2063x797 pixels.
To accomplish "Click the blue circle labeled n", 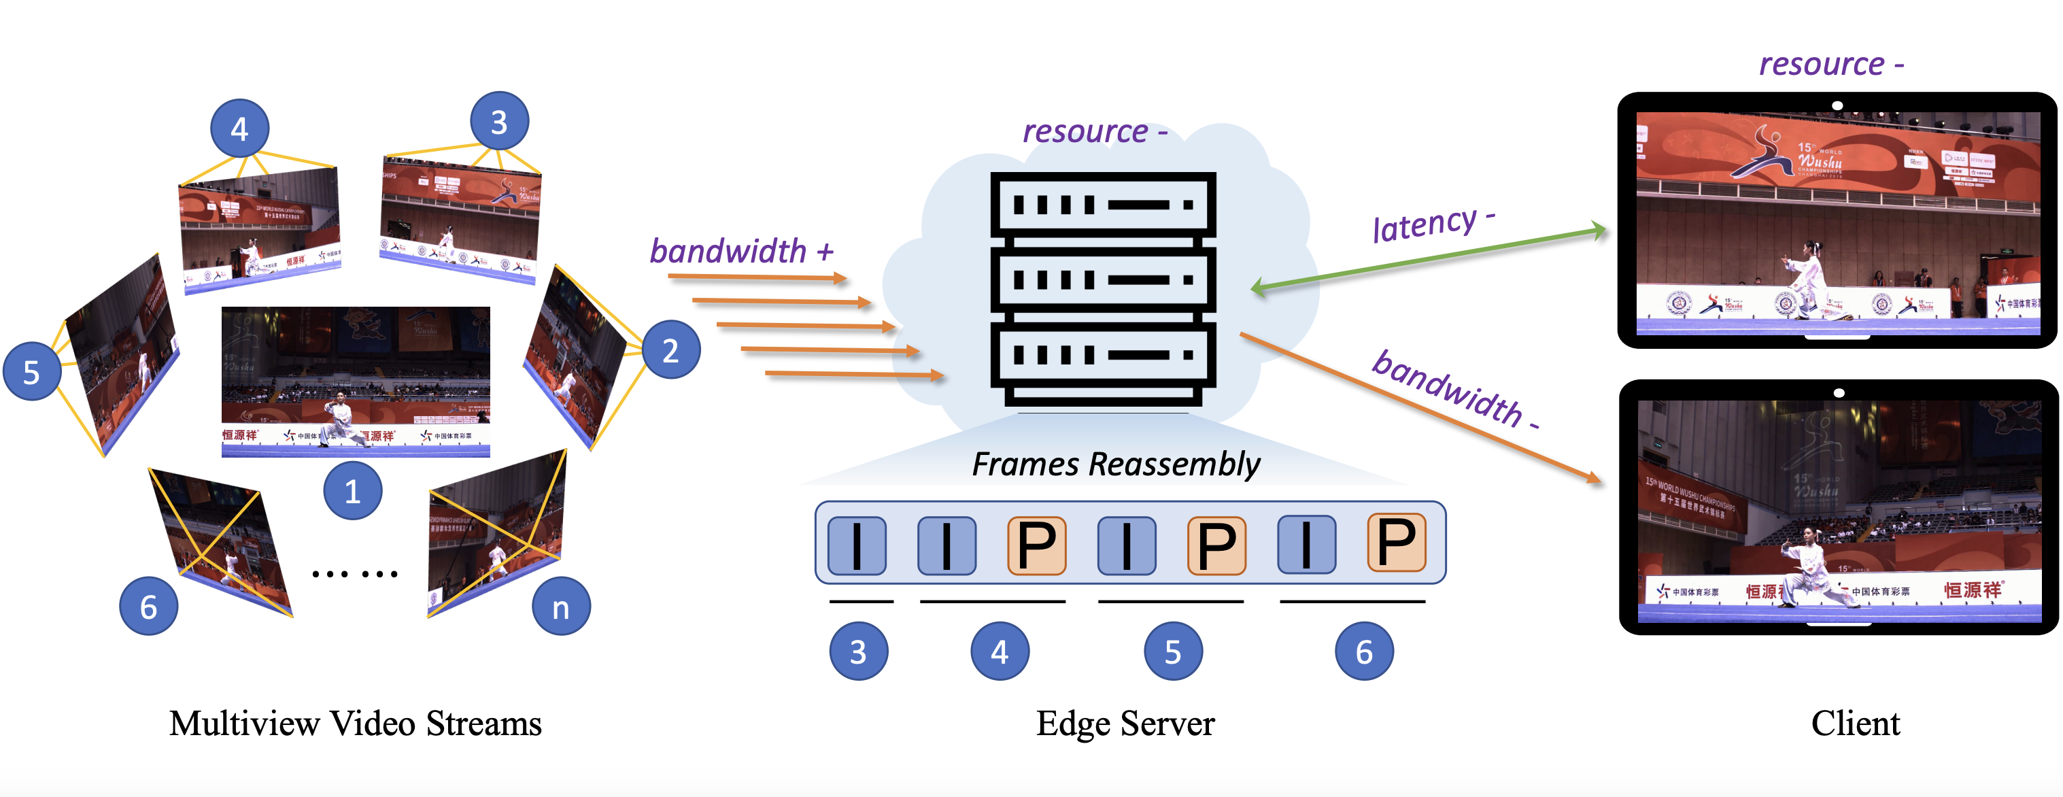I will [x=560, y=607].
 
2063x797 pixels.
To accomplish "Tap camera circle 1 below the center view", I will [x=352, y=490].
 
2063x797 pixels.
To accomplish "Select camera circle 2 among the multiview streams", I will [x=670, y=350].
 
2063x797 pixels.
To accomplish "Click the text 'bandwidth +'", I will [x=740, y=252].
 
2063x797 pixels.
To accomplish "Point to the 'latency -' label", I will [x=1433, y=224].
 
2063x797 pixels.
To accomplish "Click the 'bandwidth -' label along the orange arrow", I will [x=1454, y=390].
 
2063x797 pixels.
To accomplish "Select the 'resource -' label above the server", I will [x=1094, y=131].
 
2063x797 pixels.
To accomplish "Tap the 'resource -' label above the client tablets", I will [x=1830, y=64].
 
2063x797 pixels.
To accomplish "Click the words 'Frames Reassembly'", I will [x=1116, y=464].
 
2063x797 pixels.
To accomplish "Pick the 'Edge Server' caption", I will [x=1125, y=724].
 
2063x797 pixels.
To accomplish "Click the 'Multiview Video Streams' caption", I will [x=356, y=724].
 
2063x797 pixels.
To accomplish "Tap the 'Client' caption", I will [x=1855, y=724].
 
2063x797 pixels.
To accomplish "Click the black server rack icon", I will [x=1103, y=288].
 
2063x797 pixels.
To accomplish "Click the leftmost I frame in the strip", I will [x=857, y=545].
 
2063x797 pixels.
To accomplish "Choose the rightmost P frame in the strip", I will [x=1396, y=542].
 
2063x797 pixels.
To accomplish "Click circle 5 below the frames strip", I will [x=1172, y=651].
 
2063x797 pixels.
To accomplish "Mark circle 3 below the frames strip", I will [x=857, y=651].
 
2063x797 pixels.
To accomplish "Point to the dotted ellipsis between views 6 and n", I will [x=355, y=573].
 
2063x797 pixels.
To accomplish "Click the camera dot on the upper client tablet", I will [x=1837, y=105].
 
